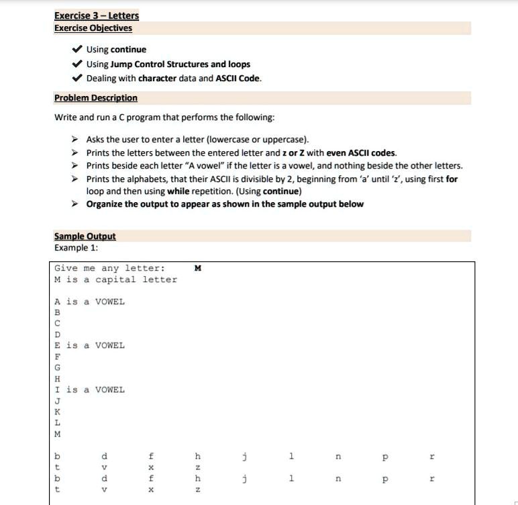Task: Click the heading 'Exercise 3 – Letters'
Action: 97,15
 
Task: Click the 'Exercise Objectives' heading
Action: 93,28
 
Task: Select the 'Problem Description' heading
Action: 96,98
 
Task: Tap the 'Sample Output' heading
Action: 85,236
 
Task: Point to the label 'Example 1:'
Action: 76,247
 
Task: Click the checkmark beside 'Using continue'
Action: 77,50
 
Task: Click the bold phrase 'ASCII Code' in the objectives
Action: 238,79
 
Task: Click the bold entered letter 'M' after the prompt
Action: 197,269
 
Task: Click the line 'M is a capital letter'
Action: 116,279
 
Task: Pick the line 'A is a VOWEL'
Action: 90,302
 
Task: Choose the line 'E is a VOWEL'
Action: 90,345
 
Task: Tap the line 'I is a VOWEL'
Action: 90,389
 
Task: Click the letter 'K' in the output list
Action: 58,412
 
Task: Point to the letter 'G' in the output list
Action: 58,367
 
